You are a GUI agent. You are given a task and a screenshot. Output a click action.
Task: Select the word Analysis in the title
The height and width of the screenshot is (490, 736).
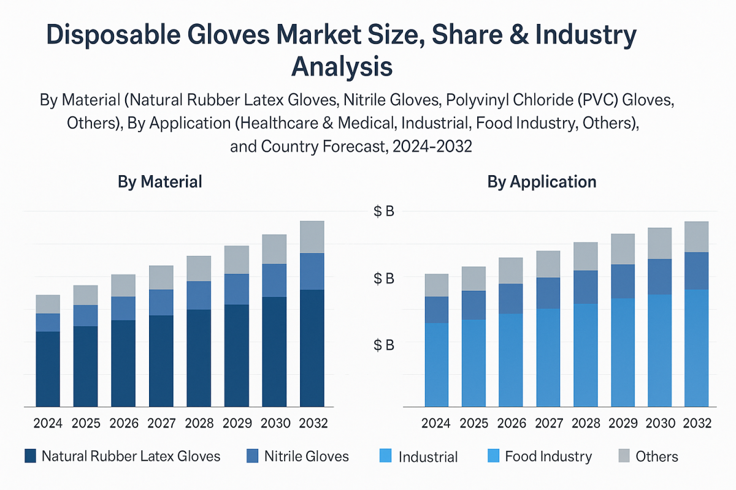pos(342,66)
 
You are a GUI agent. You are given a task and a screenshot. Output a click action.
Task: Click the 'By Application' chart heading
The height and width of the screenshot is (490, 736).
pos(542,182)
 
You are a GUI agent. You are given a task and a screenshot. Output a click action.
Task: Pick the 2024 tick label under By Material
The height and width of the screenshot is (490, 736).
pos(48,423)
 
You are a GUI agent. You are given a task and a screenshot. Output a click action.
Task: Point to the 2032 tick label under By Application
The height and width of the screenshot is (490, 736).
pos(696,423)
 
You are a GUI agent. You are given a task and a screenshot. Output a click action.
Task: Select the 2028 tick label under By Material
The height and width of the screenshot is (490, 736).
pos(199,423)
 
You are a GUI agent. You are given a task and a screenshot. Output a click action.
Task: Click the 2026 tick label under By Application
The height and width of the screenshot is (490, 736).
pos(511,423)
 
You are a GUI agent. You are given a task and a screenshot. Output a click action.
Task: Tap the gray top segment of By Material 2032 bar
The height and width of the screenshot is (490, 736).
pos(312,237)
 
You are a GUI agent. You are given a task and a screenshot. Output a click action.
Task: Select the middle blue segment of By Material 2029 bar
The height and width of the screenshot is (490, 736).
pos(237,289)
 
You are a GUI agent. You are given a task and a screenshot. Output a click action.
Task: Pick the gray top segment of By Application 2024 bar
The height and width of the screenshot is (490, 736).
pos(437,285)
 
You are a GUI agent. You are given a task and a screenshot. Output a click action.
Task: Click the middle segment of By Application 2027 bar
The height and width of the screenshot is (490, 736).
pos(548,293)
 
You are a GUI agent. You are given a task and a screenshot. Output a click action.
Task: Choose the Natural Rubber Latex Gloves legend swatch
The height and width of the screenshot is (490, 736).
pos(31,456)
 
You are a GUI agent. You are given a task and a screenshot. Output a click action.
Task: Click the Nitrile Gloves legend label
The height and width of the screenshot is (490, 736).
pos(306,456)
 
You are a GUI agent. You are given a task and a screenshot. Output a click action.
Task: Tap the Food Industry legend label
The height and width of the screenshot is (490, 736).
pos(548,456)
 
